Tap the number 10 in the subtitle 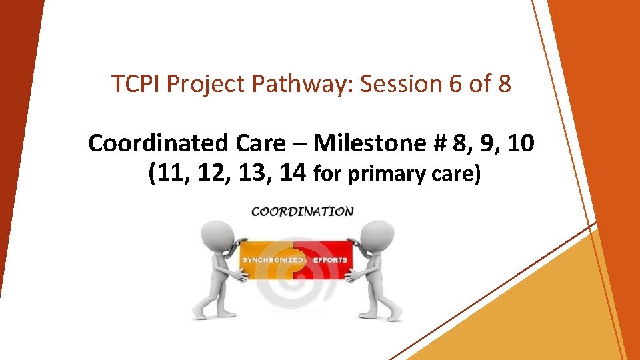(520, 143)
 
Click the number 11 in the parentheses (169, 173)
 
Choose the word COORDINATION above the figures (302, 211)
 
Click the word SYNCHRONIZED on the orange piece (273, 259)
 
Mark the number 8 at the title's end (503, 84)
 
